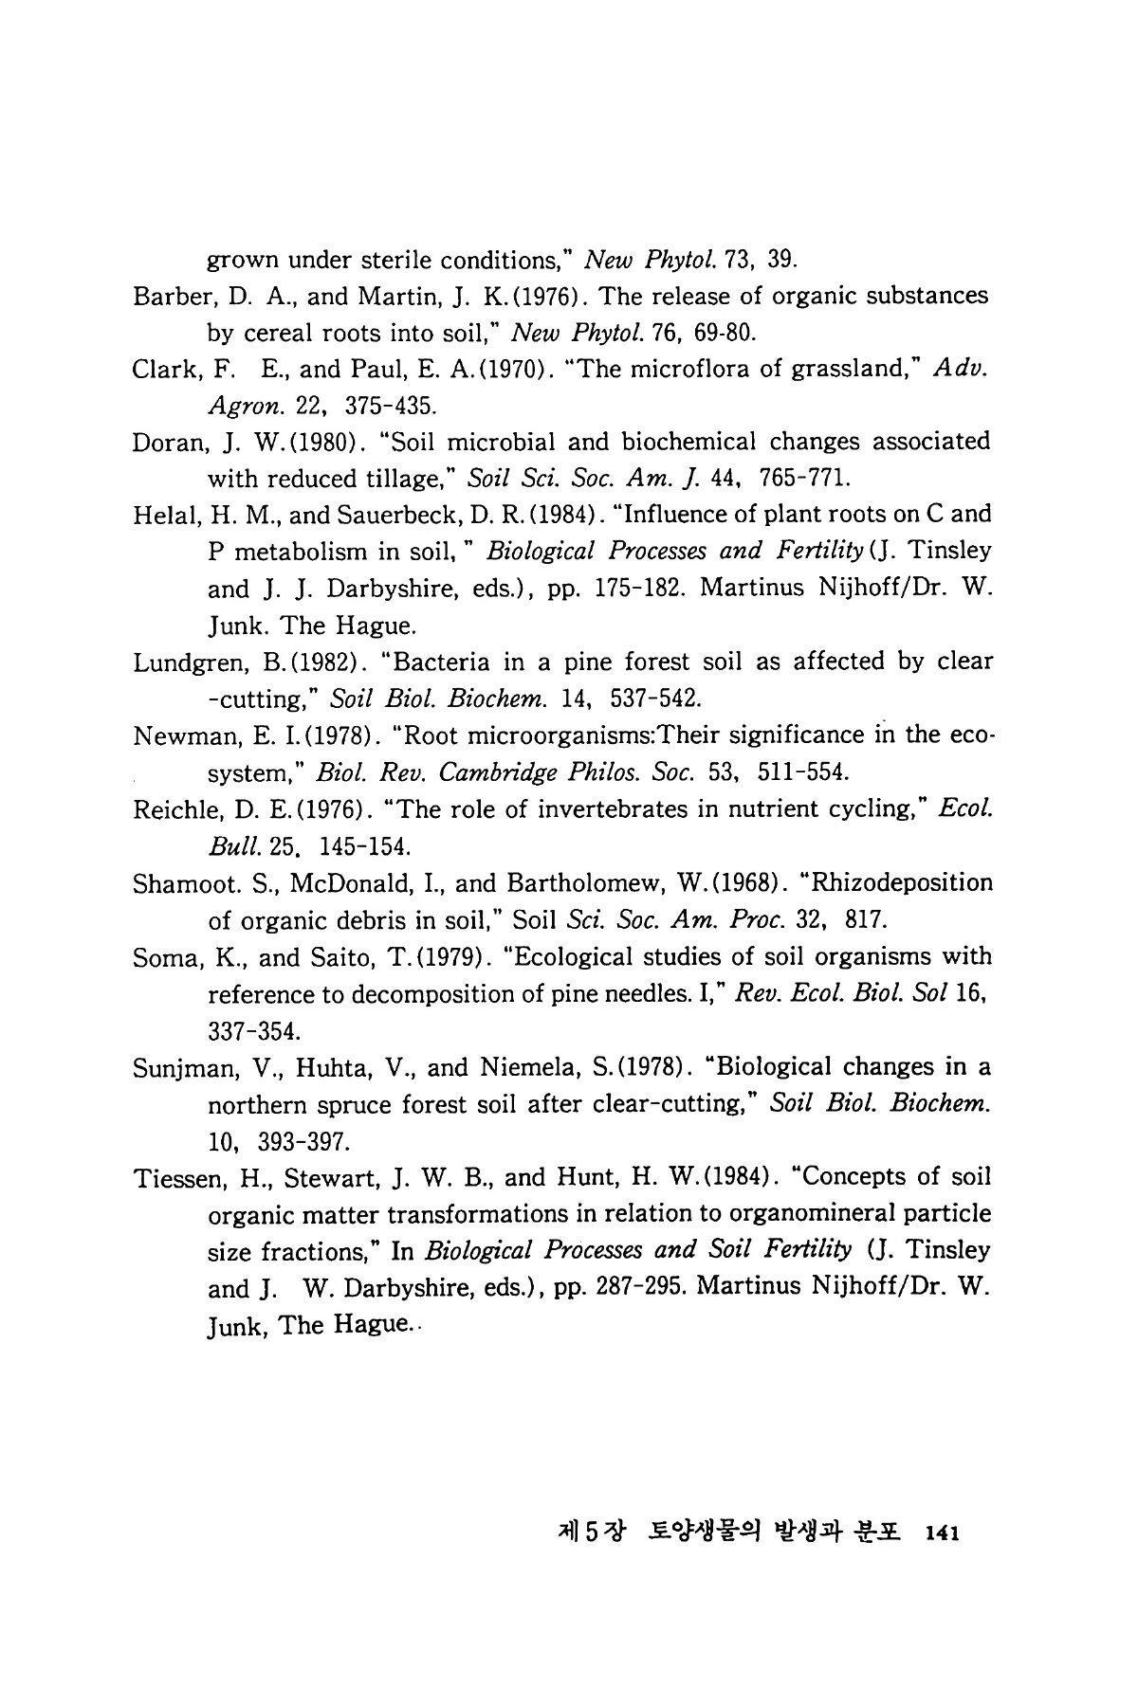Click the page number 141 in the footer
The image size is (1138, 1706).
944,1533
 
